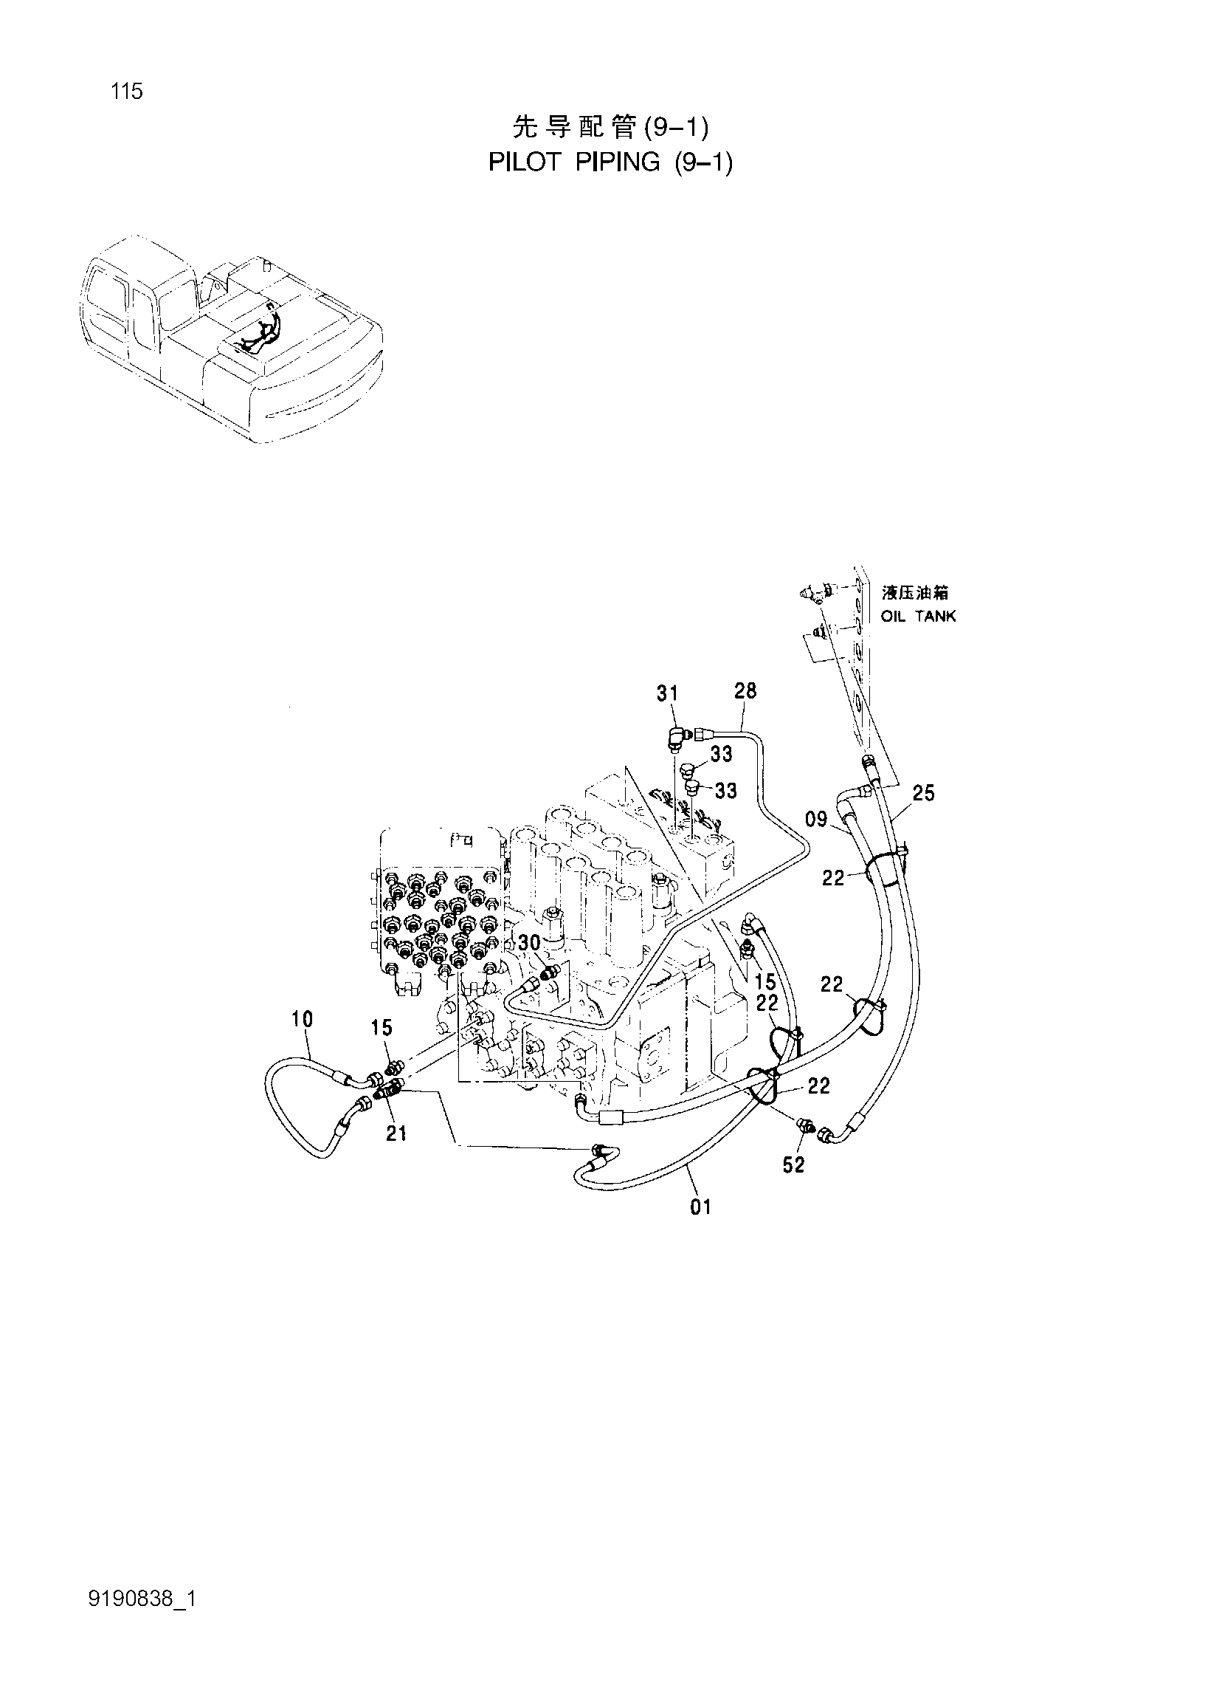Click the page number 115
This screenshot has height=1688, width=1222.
[126, 92]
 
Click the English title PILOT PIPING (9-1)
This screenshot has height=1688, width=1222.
[610, 162]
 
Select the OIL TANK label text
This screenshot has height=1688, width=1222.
[919, 617]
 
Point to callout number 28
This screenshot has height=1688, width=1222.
[745, 690]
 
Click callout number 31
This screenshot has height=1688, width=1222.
[667, 693]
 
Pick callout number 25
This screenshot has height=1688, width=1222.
[923, 793]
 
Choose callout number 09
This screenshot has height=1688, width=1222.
[816, 820]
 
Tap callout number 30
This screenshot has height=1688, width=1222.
[529, 943]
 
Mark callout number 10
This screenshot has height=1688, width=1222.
[302, 1019]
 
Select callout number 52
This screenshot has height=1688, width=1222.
[793, 1164]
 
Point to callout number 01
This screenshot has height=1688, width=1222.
[700, 1207]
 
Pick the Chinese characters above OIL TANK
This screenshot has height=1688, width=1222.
[915, 593]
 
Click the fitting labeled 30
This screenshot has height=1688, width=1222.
[551, 972]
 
